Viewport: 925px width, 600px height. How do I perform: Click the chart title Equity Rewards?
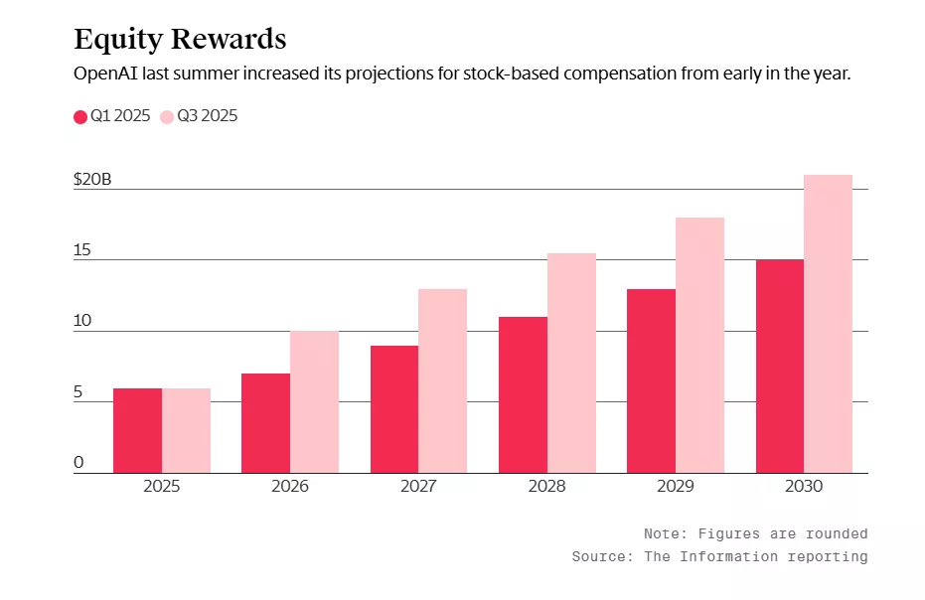180,39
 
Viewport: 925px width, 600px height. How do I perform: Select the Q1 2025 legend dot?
80,117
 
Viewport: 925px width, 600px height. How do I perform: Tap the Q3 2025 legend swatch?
166,117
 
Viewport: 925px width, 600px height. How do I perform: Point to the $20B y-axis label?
92,180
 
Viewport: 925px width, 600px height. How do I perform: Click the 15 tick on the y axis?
81,250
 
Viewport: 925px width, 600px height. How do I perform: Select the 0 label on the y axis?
78,463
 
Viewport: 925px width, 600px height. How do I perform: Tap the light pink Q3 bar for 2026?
314,401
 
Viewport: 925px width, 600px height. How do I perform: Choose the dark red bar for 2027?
394,408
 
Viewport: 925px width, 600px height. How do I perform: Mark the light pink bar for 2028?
571,363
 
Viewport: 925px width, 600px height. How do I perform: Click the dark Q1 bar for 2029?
651,380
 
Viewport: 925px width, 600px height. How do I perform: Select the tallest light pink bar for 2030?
828,324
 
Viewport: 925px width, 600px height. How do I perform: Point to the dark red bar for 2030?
780,366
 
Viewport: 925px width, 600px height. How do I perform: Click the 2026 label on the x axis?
290,487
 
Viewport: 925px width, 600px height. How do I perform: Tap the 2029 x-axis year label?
676,487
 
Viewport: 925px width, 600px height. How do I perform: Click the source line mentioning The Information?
719,557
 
